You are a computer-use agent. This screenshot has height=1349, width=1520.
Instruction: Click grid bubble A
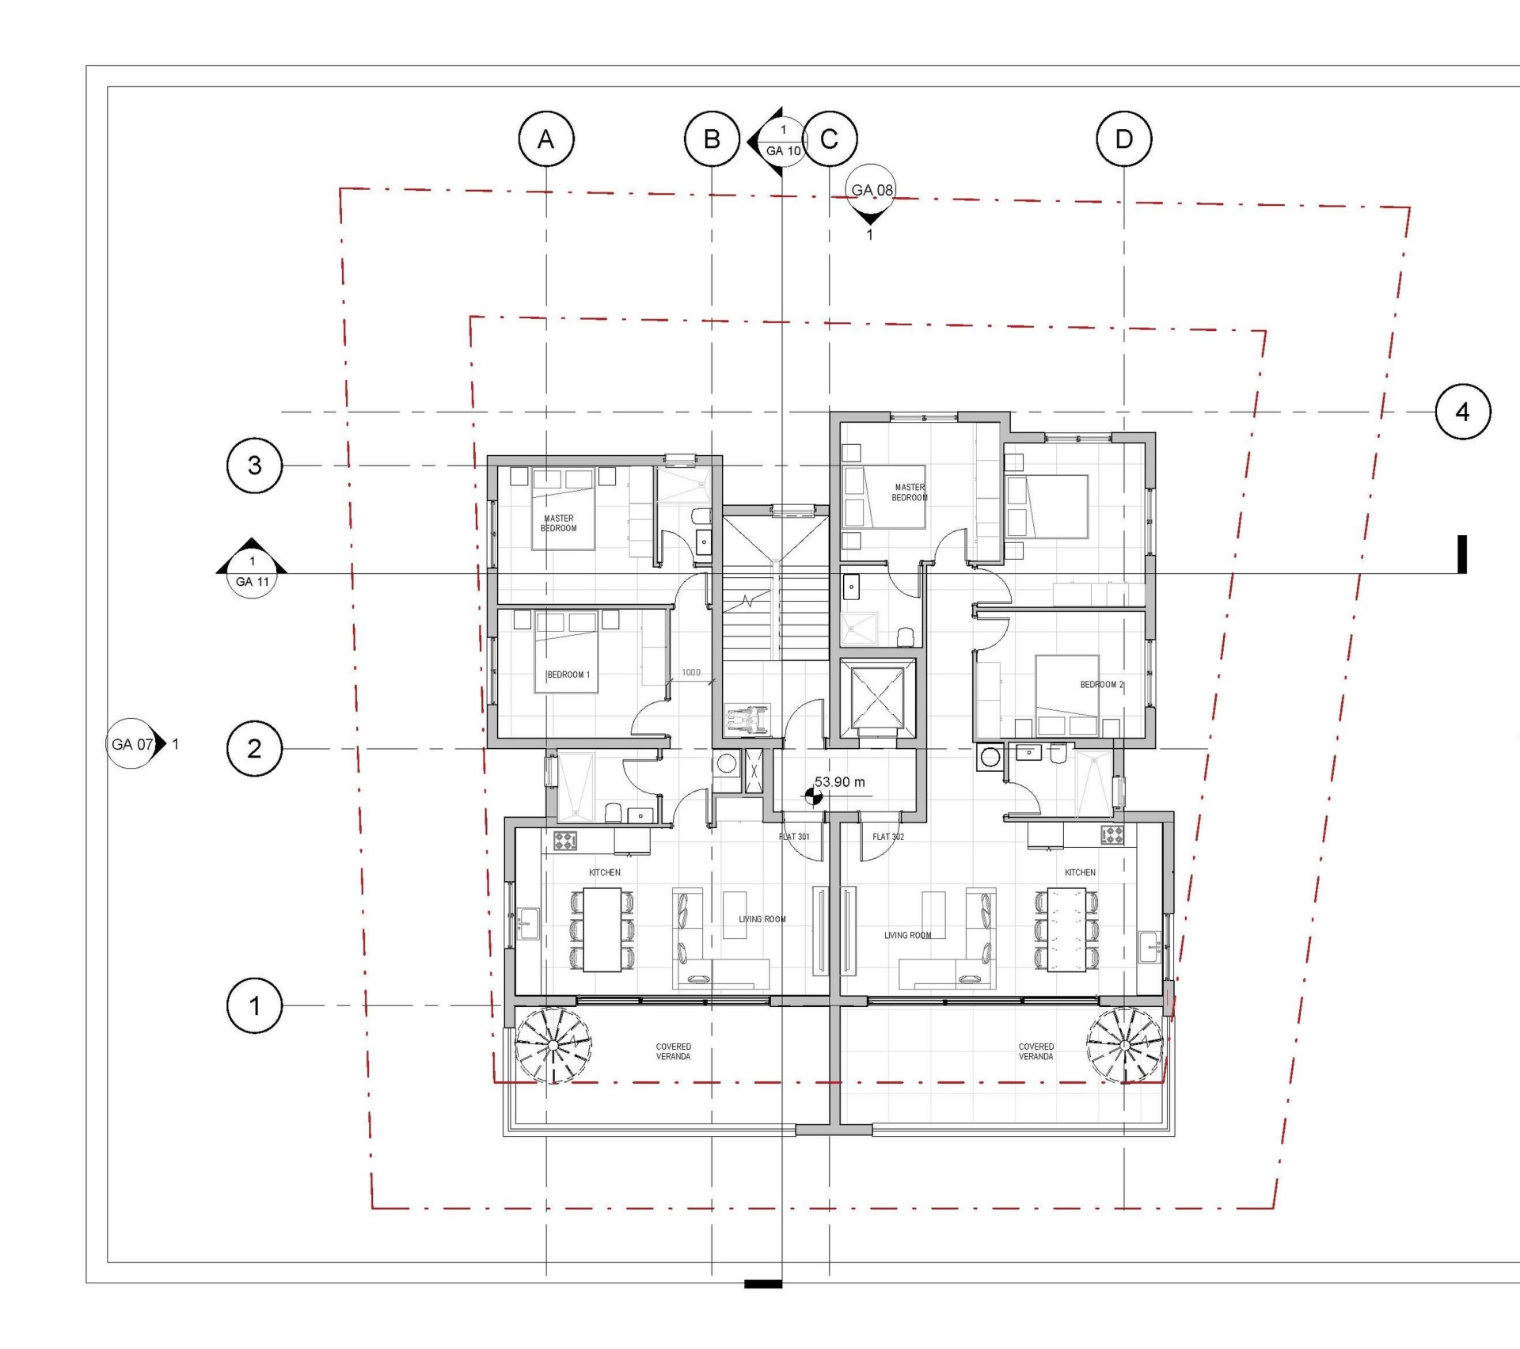546,139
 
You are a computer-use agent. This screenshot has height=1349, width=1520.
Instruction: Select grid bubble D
1124,139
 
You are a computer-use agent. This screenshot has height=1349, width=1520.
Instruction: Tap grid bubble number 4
1463,412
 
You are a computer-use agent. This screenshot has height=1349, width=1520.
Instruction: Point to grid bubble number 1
254,1005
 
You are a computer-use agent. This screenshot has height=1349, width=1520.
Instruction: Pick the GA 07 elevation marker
136,744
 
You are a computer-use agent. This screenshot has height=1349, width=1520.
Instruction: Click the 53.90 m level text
840,781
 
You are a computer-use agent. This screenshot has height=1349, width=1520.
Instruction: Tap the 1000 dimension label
691,672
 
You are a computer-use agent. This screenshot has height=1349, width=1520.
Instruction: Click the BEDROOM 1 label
568,674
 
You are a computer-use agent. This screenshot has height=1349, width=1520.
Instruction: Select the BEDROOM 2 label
1102,684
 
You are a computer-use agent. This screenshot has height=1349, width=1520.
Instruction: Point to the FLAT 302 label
888,836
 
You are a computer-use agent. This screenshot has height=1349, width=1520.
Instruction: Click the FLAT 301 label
794,836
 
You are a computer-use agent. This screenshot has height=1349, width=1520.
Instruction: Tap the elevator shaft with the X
877,697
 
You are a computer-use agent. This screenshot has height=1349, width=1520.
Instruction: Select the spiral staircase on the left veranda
553,1045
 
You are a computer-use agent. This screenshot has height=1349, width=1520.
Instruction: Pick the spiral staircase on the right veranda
1125,1045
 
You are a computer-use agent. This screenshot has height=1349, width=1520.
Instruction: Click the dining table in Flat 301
602,929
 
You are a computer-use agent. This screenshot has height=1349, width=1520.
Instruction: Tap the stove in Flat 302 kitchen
1112,835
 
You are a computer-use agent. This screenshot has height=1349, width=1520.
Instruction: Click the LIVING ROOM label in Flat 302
907,935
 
